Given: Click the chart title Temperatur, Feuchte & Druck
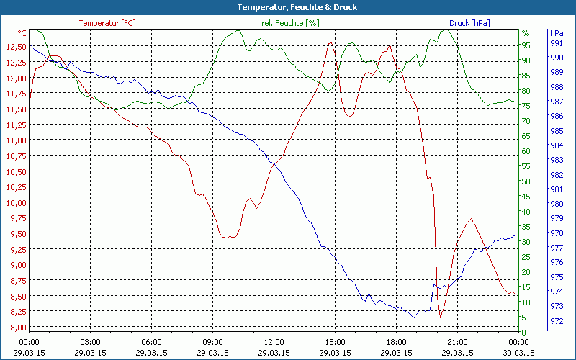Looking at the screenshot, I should (x=287, y=7).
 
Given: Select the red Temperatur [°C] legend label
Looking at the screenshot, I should (x=107, y=23).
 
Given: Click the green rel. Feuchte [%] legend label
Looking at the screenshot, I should (x=289, y=23).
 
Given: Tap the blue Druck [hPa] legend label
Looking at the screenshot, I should (x=469, y=23).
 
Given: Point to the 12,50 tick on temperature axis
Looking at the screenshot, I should (x=15, y=47).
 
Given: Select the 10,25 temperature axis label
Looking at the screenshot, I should (x=15, y=187).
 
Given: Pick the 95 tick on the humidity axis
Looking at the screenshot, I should (x=526, y=45).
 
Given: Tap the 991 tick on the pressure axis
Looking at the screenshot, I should (x=556, y=43).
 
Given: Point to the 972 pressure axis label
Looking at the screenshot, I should (x=556, y=321).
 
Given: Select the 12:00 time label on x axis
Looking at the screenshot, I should (x=274, y=342).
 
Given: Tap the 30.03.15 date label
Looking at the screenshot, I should (x=519, y=353).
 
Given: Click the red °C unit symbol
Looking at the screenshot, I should (x=22, y=33).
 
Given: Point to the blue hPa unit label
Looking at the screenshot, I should (x=556, y=33).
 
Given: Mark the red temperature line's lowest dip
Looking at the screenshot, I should (x=440, y=316).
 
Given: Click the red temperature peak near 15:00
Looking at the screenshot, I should (x=330, y=43).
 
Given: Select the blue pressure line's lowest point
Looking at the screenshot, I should (x=413, y=317).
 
